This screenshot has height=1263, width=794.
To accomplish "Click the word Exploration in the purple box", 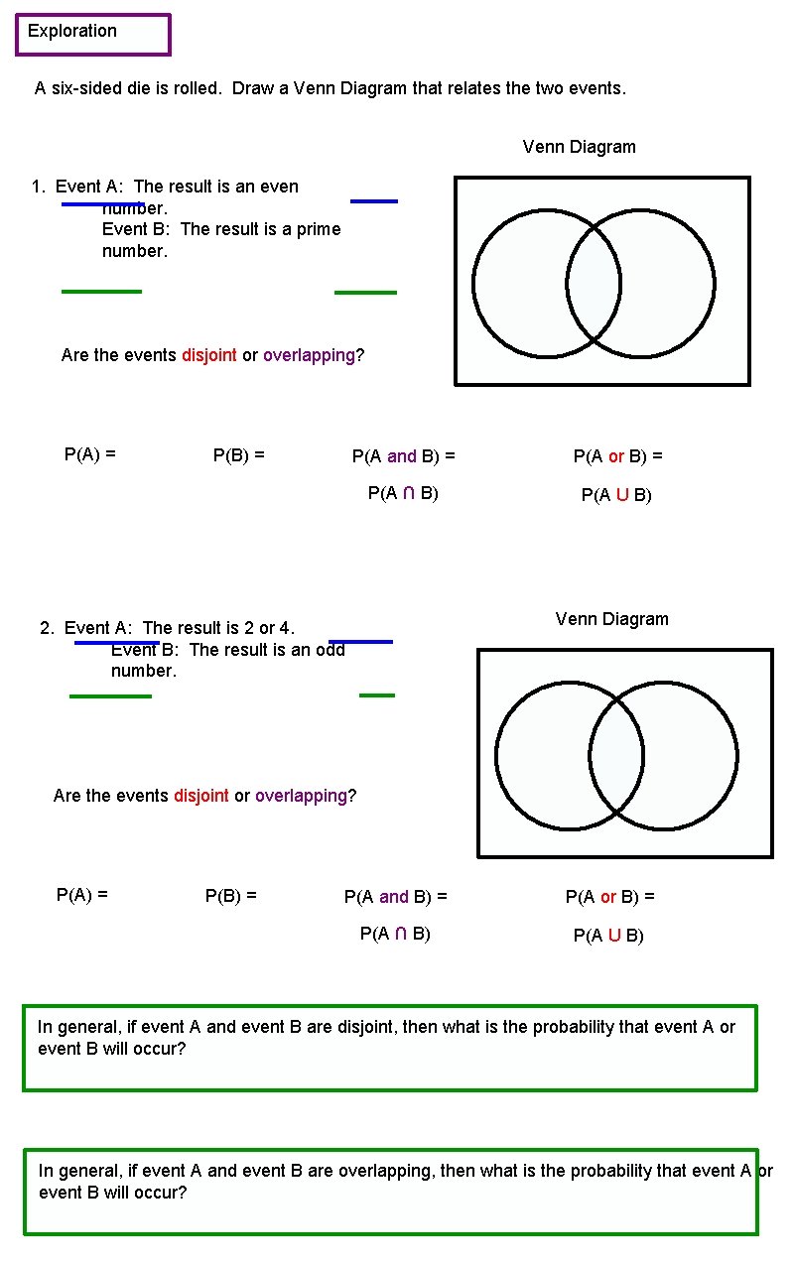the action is pyautogui.click(x=71, y=31).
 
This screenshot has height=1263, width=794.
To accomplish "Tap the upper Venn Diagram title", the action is pyautogui.click(x=579, y=147).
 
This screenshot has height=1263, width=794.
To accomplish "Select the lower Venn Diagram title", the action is pyautogui.click(x=611, y=619).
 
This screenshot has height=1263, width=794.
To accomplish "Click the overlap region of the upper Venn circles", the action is pyautogui.click(x=594, y=284).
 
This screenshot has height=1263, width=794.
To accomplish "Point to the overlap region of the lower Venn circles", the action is pyautogui.click(x=616, y=756).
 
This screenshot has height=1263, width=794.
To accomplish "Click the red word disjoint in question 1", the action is pyautogui.click(x=208, y=355).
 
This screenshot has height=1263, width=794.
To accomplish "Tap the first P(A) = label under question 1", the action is pyautogui.click(x=89, y=454).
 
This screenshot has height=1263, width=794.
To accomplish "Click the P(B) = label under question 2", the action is pyautogui.click(x=230, y=895).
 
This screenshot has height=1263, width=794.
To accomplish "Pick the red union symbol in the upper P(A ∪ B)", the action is pyautogui.click(x=622, y=495).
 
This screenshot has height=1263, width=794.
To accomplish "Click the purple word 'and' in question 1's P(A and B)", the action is pyautogui.click(x=402, y=456).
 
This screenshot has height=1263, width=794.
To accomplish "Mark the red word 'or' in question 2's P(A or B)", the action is pyautogui.click(x=608, y=897).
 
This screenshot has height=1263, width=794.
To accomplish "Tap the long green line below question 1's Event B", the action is pyautogui.click(x=101, y=292).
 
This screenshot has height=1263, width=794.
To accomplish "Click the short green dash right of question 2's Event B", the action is pyautogui.click(x=377, y=695).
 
